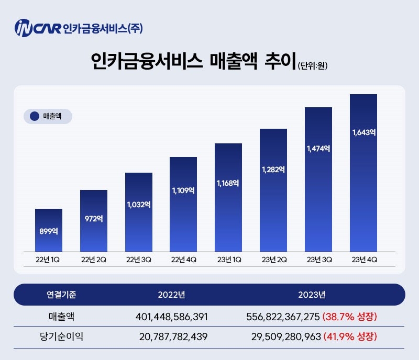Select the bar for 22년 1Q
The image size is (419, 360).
pyautogui.click(x=49, y=230)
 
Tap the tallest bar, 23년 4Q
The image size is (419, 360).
pyautogui.click(x=363, y=173)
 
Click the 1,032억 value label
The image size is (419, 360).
pyautogui.click(x=139, y=205)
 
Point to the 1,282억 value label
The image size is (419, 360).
pyautogui.click(x=273, y=170)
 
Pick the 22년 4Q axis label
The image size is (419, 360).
pyautogui.click(x=183, y=259)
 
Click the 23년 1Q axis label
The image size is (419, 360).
pyautogui.click(x=228, y=259)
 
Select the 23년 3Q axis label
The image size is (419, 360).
pyautogui.click(x=318, y=259)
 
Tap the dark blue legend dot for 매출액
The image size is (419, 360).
pyautogui.click(x=35, y=116)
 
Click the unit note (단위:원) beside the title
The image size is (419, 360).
pyautogui.click(x=313, y=66)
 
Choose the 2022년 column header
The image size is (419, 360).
pyautogui.click(x=171, y=295)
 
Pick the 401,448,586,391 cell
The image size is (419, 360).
pyautogui.click(x=171, y=317)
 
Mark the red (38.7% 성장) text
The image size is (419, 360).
pyautogui.click(x=350, y=317)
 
